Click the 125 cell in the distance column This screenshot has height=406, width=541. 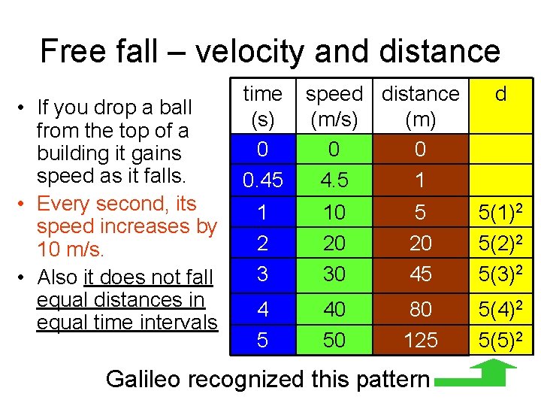point(420,340)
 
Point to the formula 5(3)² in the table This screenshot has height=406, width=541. point(501,274)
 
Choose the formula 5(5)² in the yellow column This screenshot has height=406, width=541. point(501,340)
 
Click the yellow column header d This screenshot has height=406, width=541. point(501,94)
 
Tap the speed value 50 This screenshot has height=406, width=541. point(334,340)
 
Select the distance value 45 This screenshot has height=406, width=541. point(420,274)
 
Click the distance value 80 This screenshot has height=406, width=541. point(420,308)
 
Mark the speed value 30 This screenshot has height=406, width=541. point(334,274)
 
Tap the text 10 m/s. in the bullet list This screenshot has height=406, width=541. point(71,249)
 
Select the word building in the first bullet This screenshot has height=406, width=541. point(72,153)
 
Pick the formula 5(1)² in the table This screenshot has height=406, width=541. point(501,213)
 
